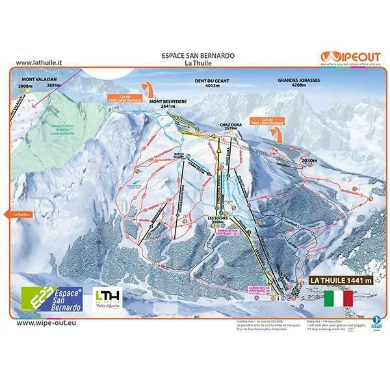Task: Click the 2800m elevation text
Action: pyautogui.click(x=25, y=85)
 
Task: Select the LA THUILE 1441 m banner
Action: pyautogui.click(x=333, y=280)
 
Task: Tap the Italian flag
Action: pyautogui.click(x=337, y=298)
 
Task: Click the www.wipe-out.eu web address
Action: pyautogui.click(x=43, y=322)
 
